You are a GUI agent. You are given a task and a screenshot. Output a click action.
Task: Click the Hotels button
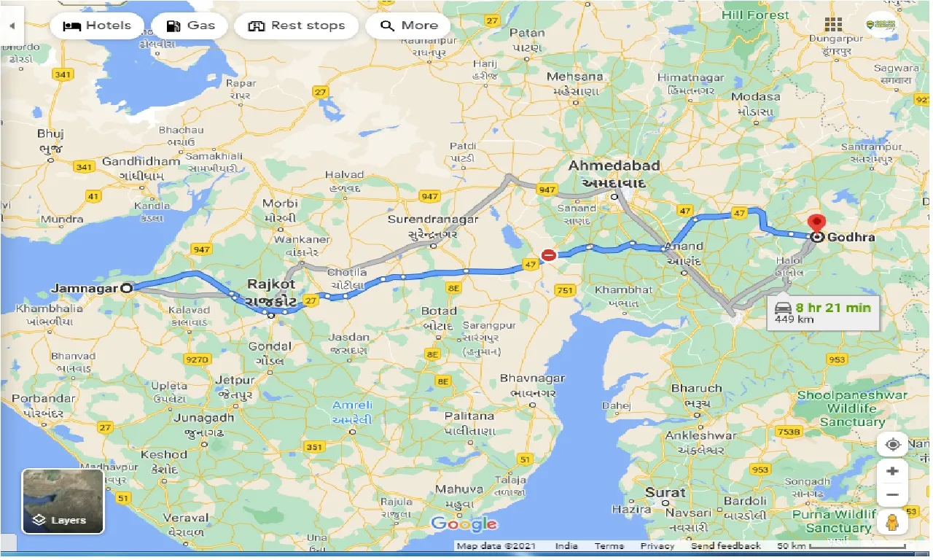tap(97, 26)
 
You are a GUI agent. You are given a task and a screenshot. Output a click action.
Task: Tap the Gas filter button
tap(190, 26)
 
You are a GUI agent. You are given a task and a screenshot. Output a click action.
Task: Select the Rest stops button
tap(296, 26)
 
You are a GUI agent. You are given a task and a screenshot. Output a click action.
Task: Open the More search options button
tap(407, 26)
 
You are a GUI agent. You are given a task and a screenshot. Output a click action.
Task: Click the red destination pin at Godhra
tap(817, 222)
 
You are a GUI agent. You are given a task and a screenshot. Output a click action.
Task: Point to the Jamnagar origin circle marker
tap(127, 288)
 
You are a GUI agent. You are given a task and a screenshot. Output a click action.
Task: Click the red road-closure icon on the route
tap(549, 255)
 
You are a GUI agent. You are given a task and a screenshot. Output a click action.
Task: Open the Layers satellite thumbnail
tap(63, 501)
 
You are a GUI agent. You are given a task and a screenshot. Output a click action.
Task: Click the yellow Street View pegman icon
tap(892, 522)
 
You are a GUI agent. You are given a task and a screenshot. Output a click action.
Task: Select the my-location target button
tap(892, 444)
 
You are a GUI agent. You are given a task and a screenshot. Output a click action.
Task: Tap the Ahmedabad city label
tap(614, 166)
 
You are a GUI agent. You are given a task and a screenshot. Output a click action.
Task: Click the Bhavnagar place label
tap(531, 378)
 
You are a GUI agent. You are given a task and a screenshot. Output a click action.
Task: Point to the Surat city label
tap(665, 492)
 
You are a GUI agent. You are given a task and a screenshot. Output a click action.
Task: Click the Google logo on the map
tap(464, 524)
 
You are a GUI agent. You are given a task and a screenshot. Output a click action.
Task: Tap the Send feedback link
tap(725, 546)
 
